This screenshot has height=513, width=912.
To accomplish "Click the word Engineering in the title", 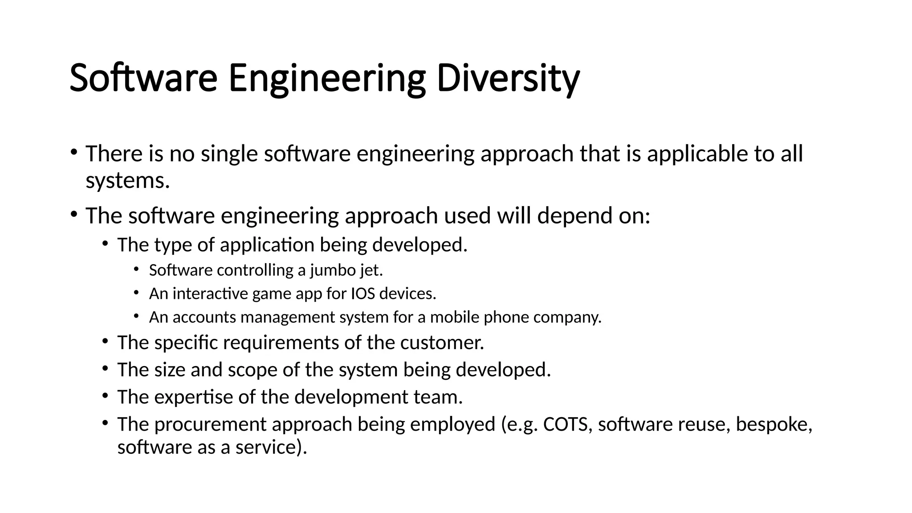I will tap(327, 78).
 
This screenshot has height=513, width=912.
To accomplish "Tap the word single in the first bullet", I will tap(229, 154).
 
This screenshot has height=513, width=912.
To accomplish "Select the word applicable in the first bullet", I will tap(697, 154).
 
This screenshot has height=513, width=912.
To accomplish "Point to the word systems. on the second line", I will tap(128, 180).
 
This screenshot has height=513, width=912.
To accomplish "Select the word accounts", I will tap(204, 318).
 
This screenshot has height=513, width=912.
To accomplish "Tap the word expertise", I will tap(193, 397).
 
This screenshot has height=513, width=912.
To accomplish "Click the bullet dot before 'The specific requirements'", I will tap(105, 342).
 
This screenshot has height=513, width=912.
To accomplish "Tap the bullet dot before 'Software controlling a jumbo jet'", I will tap(136, 269).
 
